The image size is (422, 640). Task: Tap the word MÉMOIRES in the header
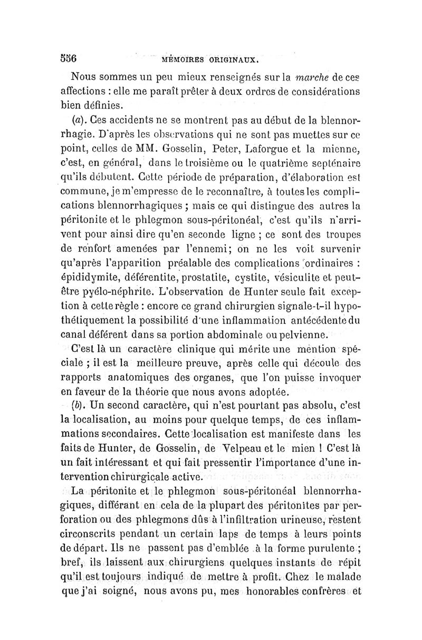[187, 60]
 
